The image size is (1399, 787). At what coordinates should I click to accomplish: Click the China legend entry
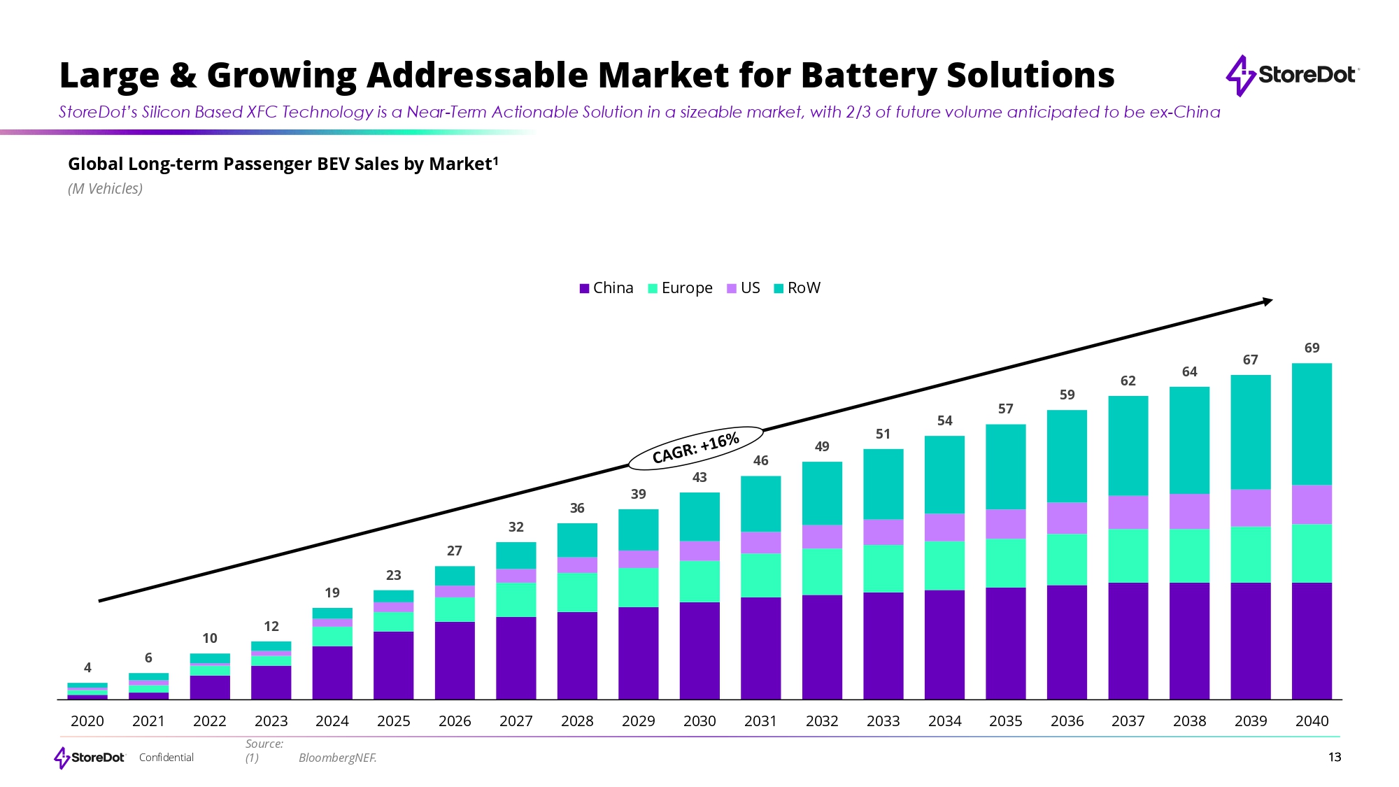tap(606, 288)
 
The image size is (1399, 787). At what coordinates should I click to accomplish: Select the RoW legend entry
tap(797, 288)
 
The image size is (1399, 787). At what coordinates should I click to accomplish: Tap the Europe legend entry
tap(680, 288)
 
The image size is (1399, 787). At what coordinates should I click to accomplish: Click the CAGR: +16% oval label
tap(695, 448)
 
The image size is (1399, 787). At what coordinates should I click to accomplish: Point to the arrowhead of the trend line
tap(1267, 302)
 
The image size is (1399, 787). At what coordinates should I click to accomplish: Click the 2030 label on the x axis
tap(699, 721)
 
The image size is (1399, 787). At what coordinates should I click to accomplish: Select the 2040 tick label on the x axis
tap(1312, 721)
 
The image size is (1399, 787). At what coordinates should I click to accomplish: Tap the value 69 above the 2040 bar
tap(1312, 348)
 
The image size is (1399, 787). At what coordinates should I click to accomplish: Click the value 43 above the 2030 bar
tap(699, 478)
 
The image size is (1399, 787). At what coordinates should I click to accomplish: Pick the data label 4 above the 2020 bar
tap(87, 668)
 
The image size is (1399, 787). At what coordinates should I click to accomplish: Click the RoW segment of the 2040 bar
tap(1312, 424)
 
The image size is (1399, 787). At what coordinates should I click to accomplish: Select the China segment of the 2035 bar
tap(1006, 643)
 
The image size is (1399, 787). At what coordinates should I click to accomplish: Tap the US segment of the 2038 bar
tap(1189, 511)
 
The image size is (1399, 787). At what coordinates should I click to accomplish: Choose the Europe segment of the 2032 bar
tap(822, 572)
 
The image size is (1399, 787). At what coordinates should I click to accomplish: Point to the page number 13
tap(1335, 758)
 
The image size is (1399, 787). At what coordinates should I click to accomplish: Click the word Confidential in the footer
tap(166, 758)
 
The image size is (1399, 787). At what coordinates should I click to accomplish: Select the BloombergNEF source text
tap(337, 758)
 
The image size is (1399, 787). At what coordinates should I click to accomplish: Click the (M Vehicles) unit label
tap(105, 189)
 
